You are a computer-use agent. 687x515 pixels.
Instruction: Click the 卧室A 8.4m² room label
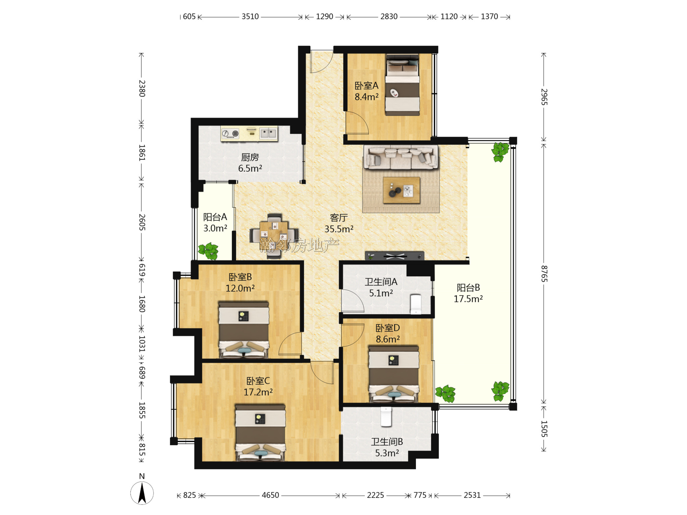click(x=367, y=91)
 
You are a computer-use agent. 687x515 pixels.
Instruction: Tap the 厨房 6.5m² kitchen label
click(x=250, y=163)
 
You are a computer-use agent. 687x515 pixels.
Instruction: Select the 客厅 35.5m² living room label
click(x=339, y=223)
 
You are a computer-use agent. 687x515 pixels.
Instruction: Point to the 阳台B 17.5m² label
click(x=468, y=293)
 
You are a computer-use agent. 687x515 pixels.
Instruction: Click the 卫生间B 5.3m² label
click(x=387, y=447)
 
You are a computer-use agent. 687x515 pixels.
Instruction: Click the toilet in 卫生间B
click(x=386, y=417)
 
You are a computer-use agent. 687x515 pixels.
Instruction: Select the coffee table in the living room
click(x=402, y=190)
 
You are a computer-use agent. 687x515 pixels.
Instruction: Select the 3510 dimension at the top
click(x=250, y=16)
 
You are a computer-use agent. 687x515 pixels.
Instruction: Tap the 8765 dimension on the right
click(x=544, y=274)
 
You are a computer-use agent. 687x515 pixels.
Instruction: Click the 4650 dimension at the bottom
click(x=270, y=495)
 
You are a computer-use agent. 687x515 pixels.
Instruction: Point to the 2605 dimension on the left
click(x=142, y=222)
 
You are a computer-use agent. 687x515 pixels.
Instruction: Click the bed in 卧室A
click(x=402, y=85)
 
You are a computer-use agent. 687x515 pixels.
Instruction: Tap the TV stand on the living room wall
click(x=394, y=256)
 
